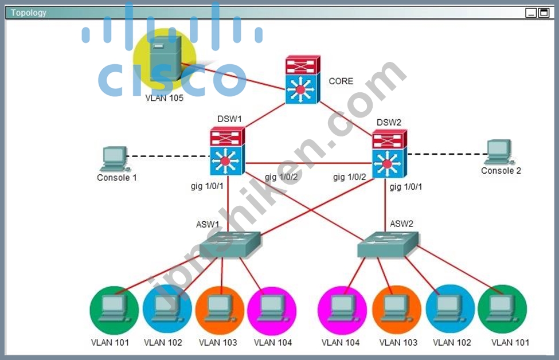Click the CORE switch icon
coord(303,80)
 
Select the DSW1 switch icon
coord(227,151)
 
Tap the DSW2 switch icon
coord(389,154)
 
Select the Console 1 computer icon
coord(115,159)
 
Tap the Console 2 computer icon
coord(500,152)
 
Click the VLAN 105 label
coord(165,98)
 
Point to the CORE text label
coord(341,81)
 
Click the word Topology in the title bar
coord(29,13)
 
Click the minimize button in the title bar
coord(531,13)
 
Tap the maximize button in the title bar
coord(544,13)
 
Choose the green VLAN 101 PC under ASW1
coord(114,310)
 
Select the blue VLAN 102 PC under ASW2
coord(450,308)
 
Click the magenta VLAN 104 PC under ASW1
coord(272,311)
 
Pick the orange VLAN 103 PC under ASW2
coord(396,310)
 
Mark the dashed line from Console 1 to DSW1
coord(168,156)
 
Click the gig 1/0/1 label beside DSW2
coord(406,186)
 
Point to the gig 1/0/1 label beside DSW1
coord(207,186)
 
